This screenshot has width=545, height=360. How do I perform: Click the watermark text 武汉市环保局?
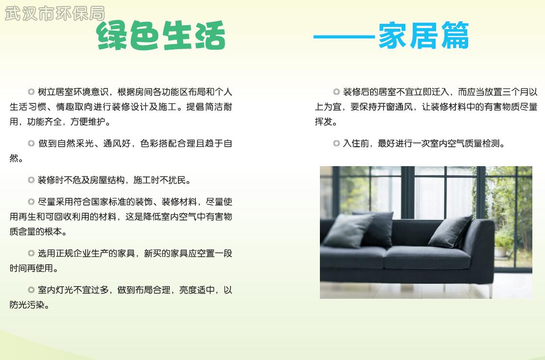[54, 14]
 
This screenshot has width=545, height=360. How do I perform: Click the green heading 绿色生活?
[161, 35]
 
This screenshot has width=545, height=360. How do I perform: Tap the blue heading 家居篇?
[423, 35]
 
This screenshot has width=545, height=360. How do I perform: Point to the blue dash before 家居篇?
[344, 36]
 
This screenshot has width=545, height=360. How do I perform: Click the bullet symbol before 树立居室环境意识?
[31, 92]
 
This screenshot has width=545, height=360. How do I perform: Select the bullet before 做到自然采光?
[31, 143]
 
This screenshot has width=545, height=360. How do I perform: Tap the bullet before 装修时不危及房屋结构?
[31, 180]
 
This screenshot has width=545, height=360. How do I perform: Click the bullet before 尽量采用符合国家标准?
[31, 202]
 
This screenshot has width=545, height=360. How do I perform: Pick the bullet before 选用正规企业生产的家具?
[31, 253]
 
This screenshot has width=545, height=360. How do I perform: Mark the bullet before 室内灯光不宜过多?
[31, 290]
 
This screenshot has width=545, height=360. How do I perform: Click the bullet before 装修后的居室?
[336, 92]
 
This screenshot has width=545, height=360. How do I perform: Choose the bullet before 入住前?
[336, 143]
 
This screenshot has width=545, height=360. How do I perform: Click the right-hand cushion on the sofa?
[450, 231]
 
